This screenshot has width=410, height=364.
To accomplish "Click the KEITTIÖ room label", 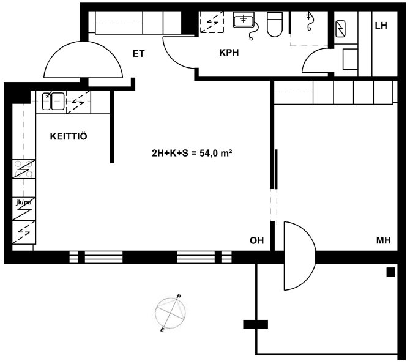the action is (x=69, y=136).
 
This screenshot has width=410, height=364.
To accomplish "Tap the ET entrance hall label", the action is (x=138, y=54).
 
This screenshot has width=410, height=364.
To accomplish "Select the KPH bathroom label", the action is (x=229, y=53).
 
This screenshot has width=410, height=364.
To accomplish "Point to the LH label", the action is (x=381, y=26).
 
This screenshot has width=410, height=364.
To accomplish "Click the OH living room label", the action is (x=257, y=240).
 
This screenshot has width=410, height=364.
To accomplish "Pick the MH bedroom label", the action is (x=384, y=240).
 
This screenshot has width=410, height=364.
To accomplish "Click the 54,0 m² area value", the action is (x=216, y=153).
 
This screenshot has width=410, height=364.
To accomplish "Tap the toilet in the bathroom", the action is (x=275, y=24).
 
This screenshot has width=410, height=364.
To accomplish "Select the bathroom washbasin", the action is (x=244, y=20).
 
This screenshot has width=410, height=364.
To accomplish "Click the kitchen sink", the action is (x=53, y=101).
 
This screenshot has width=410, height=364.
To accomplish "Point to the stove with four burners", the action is (x=24, y=169).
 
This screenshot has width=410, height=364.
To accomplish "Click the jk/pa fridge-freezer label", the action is (x=24, y=202).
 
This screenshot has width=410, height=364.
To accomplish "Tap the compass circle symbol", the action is (x=171, y=313).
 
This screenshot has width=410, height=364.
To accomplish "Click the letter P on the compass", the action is (x=179, y=296).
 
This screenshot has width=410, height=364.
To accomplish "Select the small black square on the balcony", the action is (x=391, y=272).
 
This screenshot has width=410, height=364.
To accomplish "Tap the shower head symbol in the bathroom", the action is (x=309, y=21).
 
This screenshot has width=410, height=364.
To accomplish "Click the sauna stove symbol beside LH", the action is (x=340, y=28).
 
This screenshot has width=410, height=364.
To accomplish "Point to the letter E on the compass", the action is (x=162, y=330).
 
